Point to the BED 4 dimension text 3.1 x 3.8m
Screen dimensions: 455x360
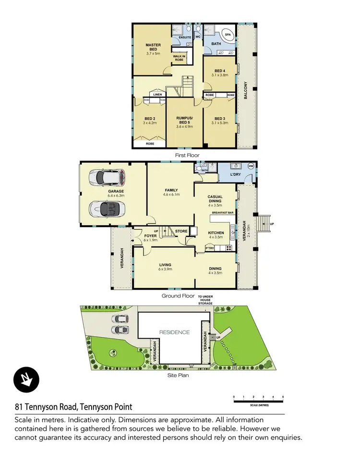click(x=220, y=75)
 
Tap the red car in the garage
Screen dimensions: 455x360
click(x=109, y=178)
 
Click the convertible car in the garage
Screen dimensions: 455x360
click(x=108, y=208)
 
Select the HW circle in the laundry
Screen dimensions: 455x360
click(x=251, y=166)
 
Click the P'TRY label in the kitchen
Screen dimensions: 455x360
click(x=209, y=248)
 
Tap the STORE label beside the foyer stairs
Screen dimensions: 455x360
click(x=181, y=232)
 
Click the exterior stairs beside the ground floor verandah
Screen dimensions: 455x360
click(x=264, y=223)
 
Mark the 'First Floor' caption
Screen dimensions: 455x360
click(x=187, y=155)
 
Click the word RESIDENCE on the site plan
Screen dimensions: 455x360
click(x=175, y=332)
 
